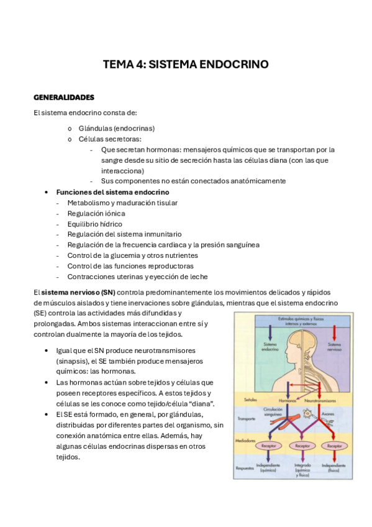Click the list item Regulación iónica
96,213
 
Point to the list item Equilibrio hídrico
94,224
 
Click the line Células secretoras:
109,139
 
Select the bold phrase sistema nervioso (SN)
78,291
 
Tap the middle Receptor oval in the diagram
302,446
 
